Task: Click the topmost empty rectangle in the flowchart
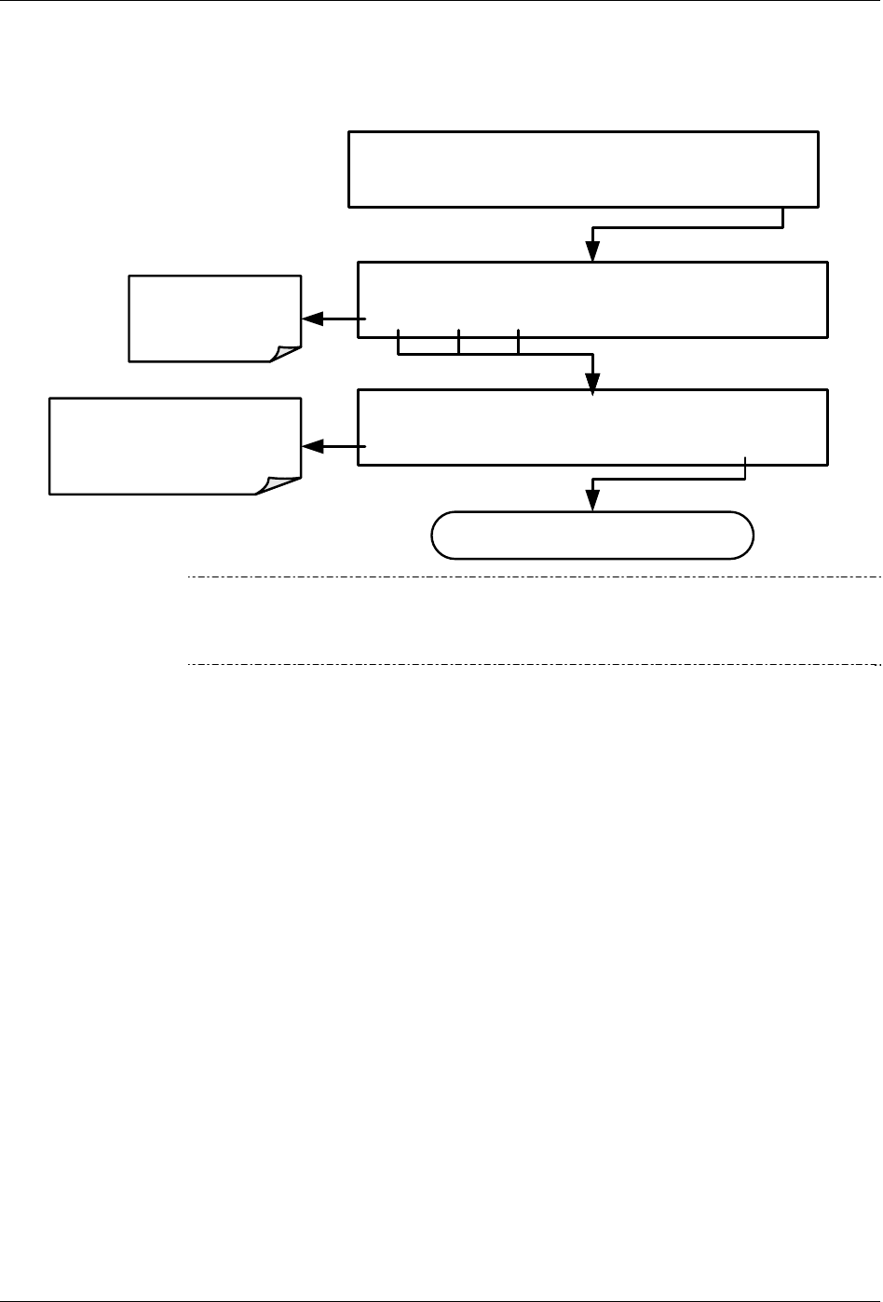[583, 169]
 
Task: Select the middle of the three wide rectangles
[593, 299]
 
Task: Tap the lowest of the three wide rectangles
[593, 427]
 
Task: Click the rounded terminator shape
[592, 535]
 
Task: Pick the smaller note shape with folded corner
[215, 317]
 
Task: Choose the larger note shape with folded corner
[175, 445]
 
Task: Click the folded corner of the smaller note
[286, 353]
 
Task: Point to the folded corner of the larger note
[279, 484]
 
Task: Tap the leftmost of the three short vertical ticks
[399, 341]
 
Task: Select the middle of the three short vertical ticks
[459, 341]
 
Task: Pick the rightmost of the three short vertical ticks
[518, 341]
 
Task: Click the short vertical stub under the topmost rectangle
[784, 216]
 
